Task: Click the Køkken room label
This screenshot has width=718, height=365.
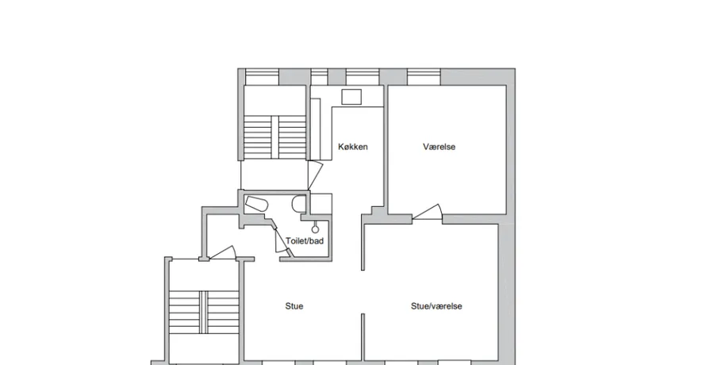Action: [x=352, y=147]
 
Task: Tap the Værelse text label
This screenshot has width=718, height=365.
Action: [x=439, y=147]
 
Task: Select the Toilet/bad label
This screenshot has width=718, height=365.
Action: [x=305, y=241]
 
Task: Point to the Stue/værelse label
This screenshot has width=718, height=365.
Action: [x=436, y=306]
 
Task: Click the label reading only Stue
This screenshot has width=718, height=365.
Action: [x=294, y=306]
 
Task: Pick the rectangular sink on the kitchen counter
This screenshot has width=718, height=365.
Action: [x=351, y=97]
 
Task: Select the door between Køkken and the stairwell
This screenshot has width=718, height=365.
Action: [x=316, y=175]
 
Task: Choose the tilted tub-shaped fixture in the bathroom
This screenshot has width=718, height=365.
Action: [x=255, y=204]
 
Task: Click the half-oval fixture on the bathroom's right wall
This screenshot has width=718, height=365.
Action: [x=299, y=204]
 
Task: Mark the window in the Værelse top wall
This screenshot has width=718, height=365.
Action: [x=424, y=77]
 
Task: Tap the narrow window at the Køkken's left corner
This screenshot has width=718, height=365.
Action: [x=319, y=77]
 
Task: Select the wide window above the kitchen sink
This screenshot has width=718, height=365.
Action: [x=363, y=77]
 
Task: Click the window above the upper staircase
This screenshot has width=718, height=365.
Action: [x=262, y=77]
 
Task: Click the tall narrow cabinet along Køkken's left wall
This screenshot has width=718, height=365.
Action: [x=316, y=129]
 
